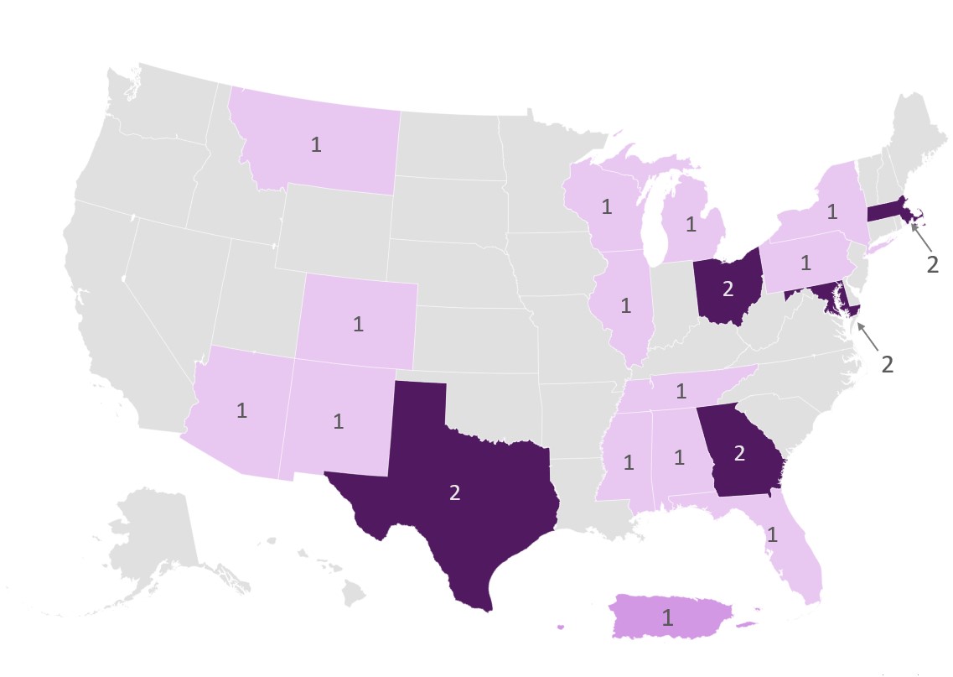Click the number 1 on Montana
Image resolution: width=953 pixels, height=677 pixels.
click(x=316, y=144)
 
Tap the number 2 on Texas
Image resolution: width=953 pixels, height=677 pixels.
click(x=455, y=492)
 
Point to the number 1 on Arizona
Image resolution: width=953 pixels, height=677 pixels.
click(x=241, y=411)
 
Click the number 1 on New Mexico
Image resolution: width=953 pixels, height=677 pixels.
click(x=339, y=421)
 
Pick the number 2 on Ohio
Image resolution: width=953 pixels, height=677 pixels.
click(x=728, y=289)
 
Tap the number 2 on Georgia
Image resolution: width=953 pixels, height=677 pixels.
click(x=739, y=454)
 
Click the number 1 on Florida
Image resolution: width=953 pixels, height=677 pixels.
click(x=772, y=534)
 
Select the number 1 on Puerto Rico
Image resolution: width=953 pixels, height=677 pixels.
click(x=667, y=618)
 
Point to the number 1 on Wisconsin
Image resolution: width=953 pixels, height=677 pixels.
click(x=606, y=206)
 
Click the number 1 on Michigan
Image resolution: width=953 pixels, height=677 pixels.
click(x=691, y=224)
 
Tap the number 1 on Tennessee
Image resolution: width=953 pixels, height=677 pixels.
click(x=681, y=390)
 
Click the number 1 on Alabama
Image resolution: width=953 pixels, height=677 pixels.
click(x=679, y=459)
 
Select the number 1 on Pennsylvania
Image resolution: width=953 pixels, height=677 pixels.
click(x=805, y=263)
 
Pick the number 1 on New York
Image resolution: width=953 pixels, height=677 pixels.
click(x=831, y=211)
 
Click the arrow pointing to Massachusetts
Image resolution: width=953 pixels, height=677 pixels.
click(x=921, y=235)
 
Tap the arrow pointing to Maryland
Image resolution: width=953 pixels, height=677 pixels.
click(x=868, y=336)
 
